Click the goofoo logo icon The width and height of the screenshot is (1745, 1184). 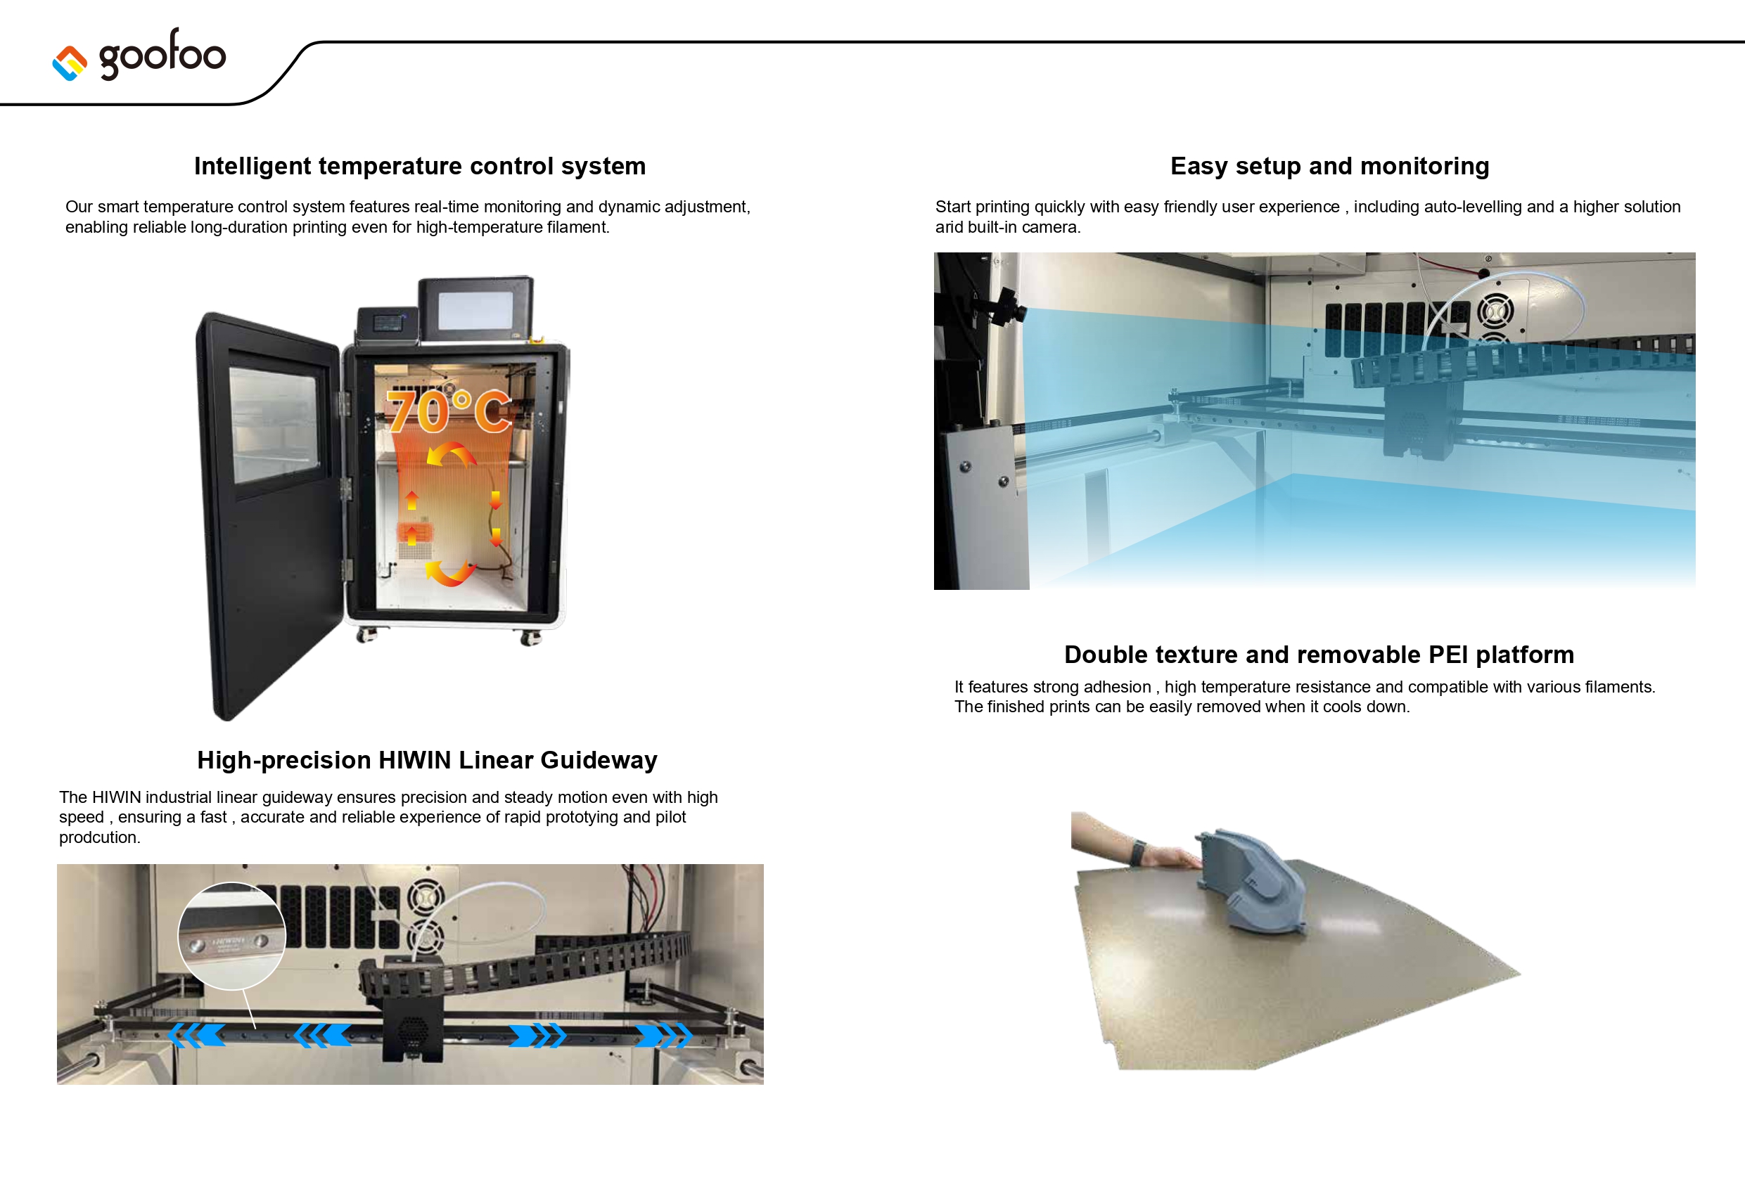tap(70, 63)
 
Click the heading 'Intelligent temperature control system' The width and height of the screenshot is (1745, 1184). tap(420, 166)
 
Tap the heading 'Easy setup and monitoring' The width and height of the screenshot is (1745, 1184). tap(1329, 166)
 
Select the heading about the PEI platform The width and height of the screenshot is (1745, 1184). tap(1319, 655)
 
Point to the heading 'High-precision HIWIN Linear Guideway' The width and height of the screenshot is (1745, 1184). tap(426, 760)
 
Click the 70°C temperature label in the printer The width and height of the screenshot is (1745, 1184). tap(448, 411)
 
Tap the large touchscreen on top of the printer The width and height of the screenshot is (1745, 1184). tap(475, 309)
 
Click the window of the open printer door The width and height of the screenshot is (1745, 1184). tap(274, 424)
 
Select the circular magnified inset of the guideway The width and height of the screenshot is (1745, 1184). tap(232, 936)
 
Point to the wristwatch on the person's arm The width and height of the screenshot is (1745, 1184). tap(1137, 852)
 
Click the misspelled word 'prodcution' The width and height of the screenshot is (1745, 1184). tap(99, 838)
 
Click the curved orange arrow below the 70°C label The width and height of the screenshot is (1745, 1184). tap(452, 454)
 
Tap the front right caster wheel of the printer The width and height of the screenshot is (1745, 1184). tap(531, 639)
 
